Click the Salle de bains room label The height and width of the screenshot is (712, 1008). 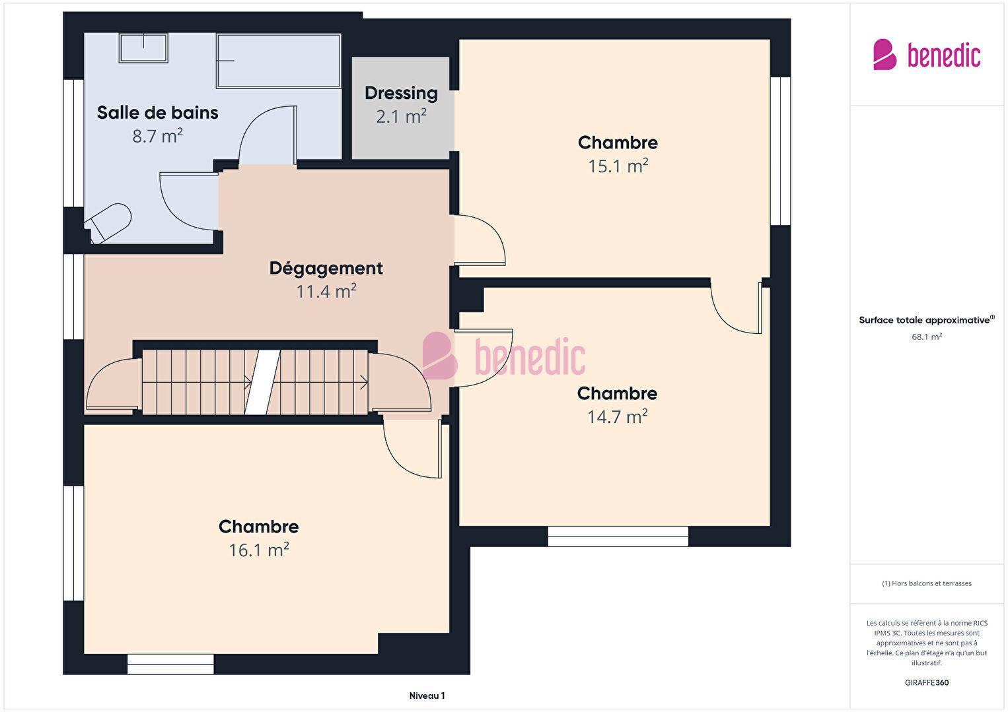click(157, 113)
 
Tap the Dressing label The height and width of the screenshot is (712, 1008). click(401, 94)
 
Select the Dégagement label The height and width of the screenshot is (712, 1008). click(326, 269)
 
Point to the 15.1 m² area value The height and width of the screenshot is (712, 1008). click(618, 166)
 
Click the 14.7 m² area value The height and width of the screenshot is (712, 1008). click(618, 416)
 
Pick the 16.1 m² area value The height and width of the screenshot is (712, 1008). click(259, 550)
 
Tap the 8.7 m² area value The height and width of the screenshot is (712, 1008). click(157, 136)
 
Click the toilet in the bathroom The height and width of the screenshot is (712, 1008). click(108, 224)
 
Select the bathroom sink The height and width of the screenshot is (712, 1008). click(143, 48)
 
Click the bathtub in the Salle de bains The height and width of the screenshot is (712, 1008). click(279, 61)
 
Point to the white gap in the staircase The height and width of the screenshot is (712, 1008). click(262, 382)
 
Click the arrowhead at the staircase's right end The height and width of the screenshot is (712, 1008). click(365, 383)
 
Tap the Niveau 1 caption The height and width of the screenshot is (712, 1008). click(427, 696)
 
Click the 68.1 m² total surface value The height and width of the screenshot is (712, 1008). click(927, 337)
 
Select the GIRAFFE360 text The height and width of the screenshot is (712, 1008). click(927, 682)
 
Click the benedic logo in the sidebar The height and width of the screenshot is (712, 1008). click(927, 54)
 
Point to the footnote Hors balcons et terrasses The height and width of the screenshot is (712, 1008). click(927, 583)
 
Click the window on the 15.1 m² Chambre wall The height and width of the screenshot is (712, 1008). click(780, 151)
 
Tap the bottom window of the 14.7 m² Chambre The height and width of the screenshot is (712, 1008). click(618, 536)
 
